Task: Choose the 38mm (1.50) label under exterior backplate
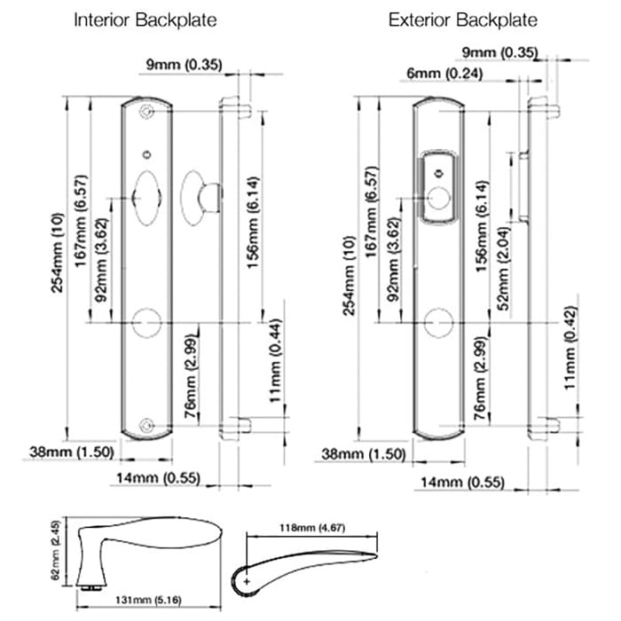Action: click(x=363, y=454)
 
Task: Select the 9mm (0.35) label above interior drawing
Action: click(x=185, y=63)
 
